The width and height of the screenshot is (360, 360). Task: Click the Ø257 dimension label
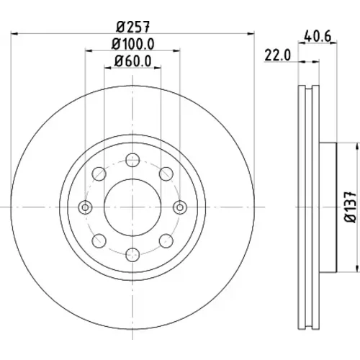(x=133, y=27)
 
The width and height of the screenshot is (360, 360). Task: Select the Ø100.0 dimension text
(x=132, y=44)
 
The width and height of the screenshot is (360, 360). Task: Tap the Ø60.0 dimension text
(x=132, y=61)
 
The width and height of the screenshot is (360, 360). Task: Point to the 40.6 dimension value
(x=318, y=36)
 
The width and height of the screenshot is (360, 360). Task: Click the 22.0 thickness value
(x=277, y=55)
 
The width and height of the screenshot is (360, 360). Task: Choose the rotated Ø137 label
(x=350, y=207)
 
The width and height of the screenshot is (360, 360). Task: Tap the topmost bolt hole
(x=132, y=160)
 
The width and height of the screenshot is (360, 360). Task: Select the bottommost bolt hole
(x=132, y=255)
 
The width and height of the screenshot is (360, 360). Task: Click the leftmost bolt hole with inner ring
(x=85, y=207)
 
